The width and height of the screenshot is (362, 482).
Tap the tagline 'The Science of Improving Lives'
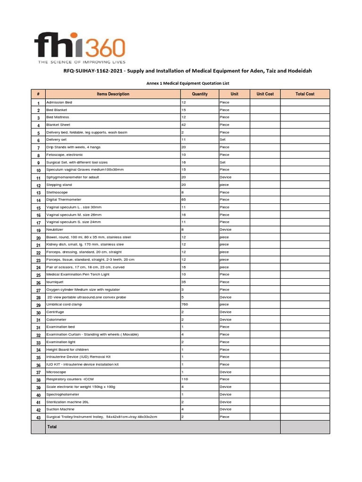80,62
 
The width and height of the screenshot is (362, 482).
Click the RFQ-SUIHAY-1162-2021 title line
184,71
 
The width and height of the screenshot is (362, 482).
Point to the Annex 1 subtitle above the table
183,83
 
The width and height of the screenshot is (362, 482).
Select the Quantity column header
199,94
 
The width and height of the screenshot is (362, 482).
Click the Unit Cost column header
265,94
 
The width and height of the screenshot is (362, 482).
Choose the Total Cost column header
304,94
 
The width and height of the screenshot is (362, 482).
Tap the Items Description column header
113,94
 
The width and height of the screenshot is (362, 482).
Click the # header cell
38,94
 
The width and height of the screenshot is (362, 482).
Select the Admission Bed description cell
59,102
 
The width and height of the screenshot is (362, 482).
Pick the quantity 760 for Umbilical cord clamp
185,304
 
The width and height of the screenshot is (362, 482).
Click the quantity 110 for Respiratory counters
185,379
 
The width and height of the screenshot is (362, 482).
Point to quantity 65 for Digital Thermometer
184,200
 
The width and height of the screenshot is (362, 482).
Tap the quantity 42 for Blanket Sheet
184,125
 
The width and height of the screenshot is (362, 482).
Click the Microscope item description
56,371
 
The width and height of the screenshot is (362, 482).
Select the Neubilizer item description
56,230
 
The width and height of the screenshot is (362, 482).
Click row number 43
38,418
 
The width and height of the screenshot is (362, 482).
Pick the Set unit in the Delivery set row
222,140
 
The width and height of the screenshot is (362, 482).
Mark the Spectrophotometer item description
63,394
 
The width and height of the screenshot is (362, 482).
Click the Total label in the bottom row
52,427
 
